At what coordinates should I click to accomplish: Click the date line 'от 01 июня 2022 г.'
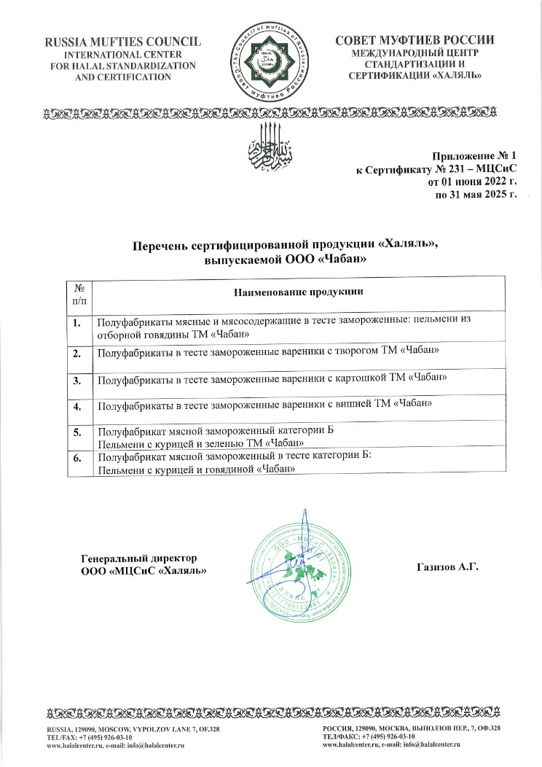click(x=471, y=182)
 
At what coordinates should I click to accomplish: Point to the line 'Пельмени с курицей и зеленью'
click(x=200, y=443)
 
